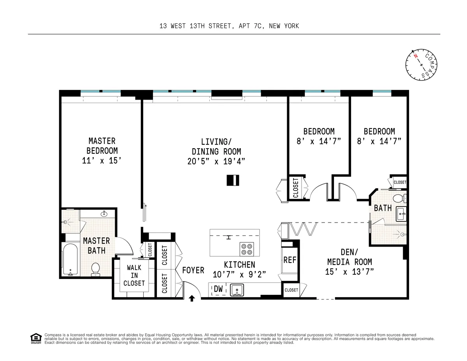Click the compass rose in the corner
pos(422,64)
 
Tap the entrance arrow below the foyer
pos(191,298)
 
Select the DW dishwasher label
pos(219,289)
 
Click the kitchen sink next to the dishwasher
pos(237,290)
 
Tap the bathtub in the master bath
pos(70,259)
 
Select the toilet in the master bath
pos(96,268)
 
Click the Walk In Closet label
pos(134,275)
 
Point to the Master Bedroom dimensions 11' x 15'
pos(102,161)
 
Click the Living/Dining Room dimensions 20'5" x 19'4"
pos(216,161)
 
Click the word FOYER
pos(193,270)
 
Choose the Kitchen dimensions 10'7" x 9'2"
pos(239,274)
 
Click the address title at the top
pos(229,26)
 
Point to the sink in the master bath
pos(104,214)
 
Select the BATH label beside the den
pos(383,208)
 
